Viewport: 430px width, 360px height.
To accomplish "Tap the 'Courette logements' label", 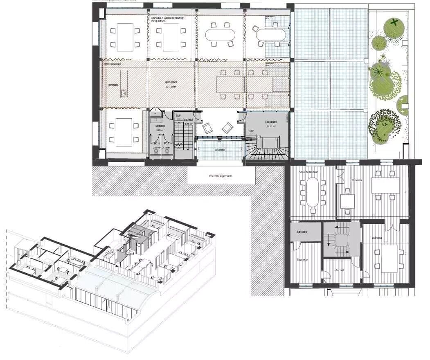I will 221,176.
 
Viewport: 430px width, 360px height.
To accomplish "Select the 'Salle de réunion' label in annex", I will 309,172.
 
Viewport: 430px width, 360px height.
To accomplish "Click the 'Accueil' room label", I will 340,270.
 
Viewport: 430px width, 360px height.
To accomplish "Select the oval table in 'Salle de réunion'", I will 313,192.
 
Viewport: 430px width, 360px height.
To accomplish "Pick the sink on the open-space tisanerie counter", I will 123,94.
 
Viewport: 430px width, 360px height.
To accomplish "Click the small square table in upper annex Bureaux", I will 348,201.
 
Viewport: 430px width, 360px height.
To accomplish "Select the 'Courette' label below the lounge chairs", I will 220,150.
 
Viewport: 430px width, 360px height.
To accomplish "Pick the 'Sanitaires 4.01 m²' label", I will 160,128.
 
